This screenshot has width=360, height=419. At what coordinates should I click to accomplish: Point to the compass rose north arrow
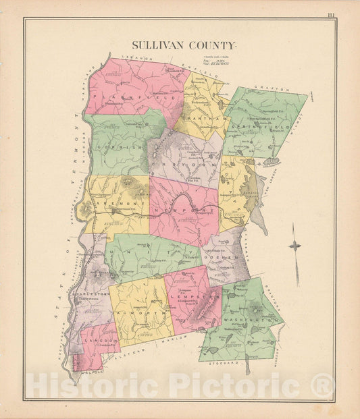click(294, 246)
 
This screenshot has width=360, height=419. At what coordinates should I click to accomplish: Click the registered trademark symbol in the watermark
click(323, 387)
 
